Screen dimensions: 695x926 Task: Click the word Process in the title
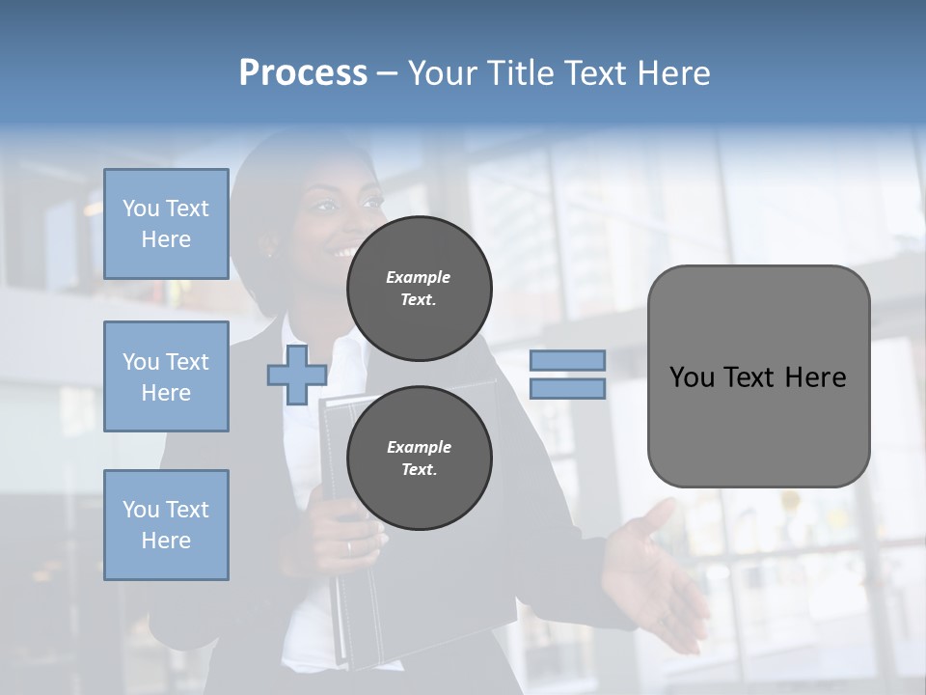click(x=303, y=73)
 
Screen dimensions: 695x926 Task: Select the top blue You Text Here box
click(x=166, y=224)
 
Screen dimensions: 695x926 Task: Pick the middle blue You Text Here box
click(x=166, y=376)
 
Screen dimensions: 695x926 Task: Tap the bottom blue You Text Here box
click(x=166, y=524)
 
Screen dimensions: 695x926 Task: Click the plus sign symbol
click(x=297, y=375)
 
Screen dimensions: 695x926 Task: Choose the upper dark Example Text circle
click(x=419, y=289)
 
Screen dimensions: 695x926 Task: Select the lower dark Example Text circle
click(x=419, y=458)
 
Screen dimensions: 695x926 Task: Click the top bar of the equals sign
click(x=567, y=360)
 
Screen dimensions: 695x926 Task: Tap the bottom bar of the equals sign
click(x=567, y=388)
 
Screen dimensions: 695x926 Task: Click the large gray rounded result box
click(x=758, y=376)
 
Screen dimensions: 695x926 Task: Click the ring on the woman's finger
click(x=349, y=547)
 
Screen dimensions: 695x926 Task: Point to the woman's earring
click(x=271, y=255)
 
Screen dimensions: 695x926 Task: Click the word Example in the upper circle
click(x=419, y=277)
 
